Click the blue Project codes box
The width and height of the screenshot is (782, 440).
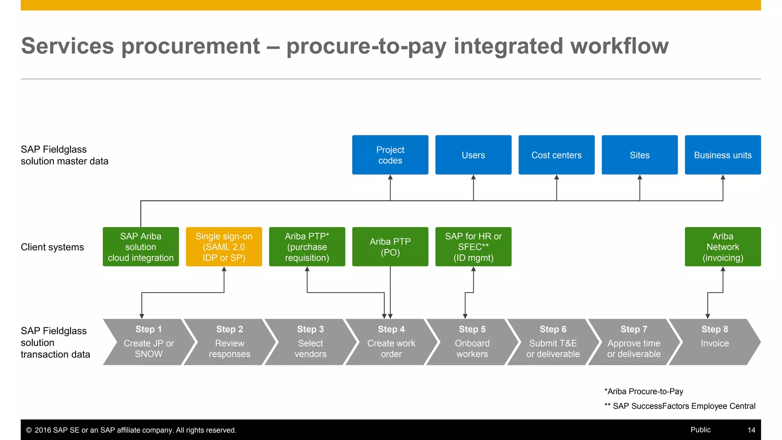pyautogui.click(x=390, y=155)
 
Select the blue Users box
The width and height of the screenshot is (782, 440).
pyautogui.click(x=473, y=155)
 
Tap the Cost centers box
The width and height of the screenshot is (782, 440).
pyautogui.click(x=556, y=155)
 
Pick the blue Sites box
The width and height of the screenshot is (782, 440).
pyautogui.click(x=640, y=155)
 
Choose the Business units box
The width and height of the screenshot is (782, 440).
pyautogui.click(x=722, y=155)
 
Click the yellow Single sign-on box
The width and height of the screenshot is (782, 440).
pyautogui.click(x=224, y=247)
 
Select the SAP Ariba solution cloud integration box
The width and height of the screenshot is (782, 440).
pyautogui.click(x=141, y=247)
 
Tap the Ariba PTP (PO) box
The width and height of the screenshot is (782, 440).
pyautogui.click(x=390, y=247)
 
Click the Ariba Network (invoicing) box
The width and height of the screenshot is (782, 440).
pyautogui.click(x=722, y=247)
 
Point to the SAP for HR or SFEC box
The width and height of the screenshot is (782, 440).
pyautogui.click(x=473, y=247)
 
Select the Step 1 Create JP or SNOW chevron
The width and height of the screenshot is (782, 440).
pyautogui.click(x=149, y=342)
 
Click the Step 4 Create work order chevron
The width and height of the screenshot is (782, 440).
pyautogui.click(x=391, y=342)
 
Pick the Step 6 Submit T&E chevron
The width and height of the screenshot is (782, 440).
pyautogui.click(x=553, y=342)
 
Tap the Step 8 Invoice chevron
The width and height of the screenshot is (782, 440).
pyautogui.click(x=714, y=342)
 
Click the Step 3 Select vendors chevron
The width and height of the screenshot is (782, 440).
pyautogui.click(x=310, y=342)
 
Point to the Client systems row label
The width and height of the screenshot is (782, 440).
pyautogui.click(x=52, y=247)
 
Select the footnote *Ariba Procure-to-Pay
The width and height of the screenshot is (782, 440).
pyautogui.click(x=644, y=391)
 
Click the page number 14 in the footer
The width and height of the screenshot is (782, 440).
pyautogui.click(x=751, y=430)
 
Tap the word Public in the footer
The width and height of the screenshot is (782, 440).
pyautogui.click(x=700, y=430)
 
